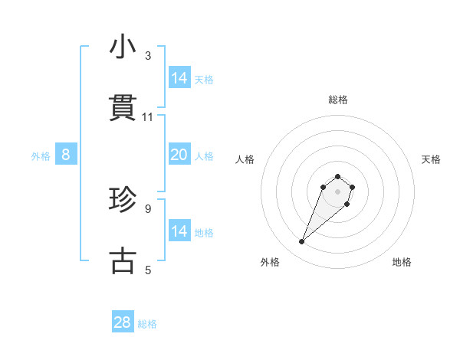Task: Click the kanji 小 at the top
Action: (122, 48)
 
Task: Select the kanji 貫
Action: (122, 108)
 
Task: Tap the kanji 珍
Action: (122, 201)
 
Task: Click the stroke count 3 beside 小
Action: (148, 56)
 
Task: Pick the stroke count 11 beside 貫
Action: (148, 116)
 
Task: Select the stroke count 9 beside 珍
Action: (148, 208)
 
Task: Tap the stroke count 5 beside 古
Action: (148, 270)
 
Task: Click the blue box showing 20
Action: (179, 155)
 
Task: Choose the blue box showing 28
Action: (123, 322)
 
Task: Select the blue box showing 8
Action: (66, 155)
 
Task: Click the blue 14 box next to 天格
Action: (179, 78)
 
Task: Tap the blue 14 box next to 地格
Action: (179, 231)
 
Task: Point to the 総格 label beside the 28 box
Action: (147, 324)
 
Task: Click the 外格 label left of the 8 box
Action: (41, 156)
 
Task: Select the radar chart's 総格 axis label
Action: (337, 100)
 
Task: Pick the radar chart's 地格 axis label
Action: (402, 262)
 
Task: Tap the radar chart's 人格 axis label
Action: (245, 159)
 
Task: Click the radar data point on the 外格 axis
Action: (302, 242)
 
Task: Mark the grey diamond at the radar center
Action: (337, 191)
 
